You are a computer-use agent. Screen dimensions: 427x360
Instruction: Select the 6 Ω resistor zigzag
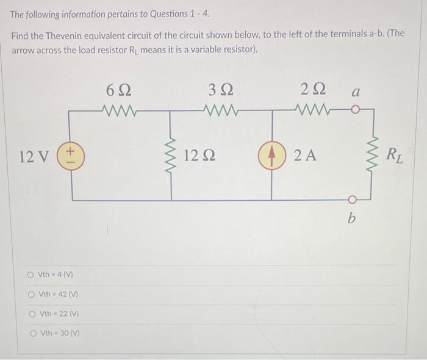pos(122,112)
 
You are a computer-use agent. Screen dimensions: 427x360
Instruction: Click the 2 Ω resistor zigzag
pos(312,112)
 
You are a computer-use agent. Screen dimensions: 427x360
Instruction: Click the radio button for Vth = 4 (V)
pos(30,275)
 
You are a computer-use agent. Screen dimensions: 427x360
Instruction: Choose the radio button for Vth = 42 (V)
pos(30,295)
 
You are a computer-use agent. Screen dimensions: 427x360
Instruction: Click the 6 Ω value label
pos(118,92)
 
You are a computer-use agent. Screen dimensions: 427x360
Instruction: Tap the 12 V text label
pos(34,156)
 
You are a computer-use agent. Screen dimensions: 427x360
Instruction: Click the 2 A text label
pos(305,156)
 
